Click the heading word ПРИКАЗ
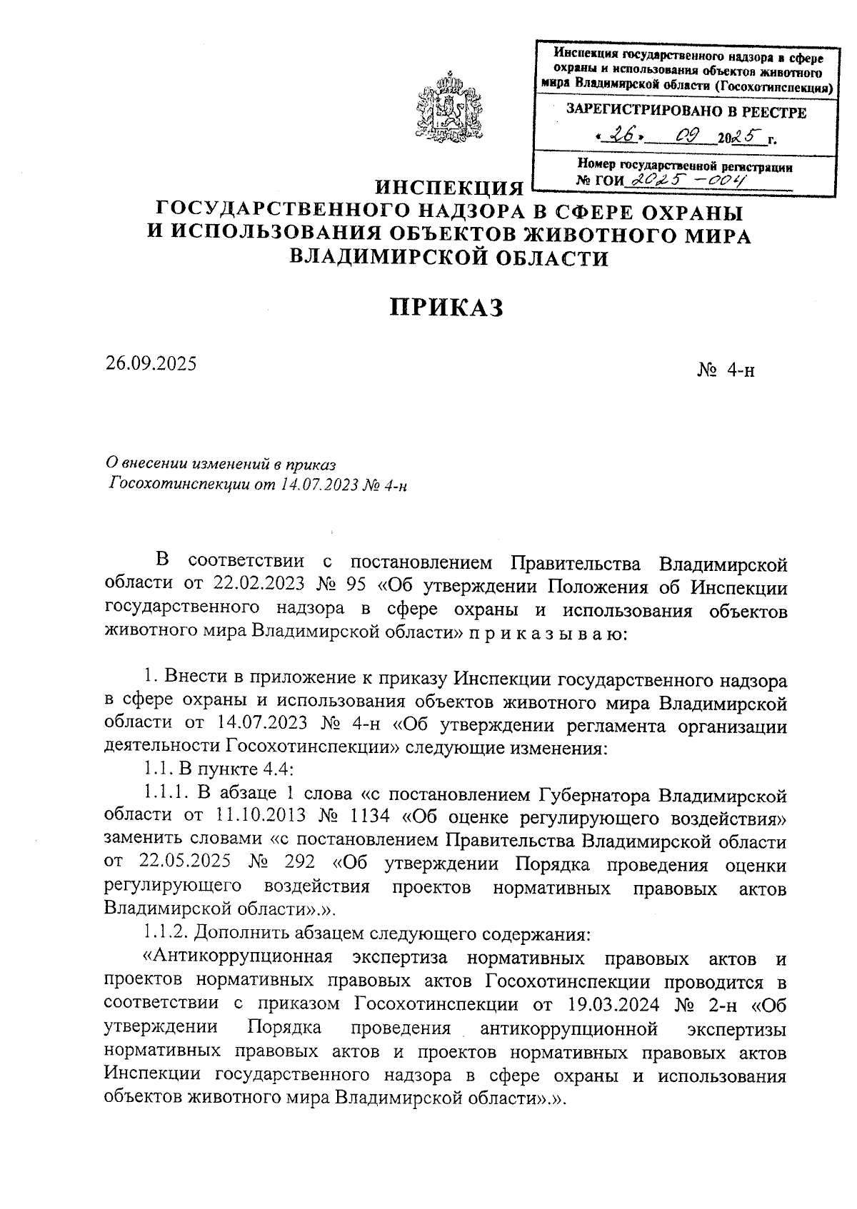tap(446, 307)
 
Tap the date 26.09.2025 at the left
tap(151, 363)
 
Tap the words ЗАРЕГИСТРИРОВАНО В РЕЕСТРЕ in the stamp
tap(686, 112)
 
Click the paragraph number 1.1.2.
tap(163, 932)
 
